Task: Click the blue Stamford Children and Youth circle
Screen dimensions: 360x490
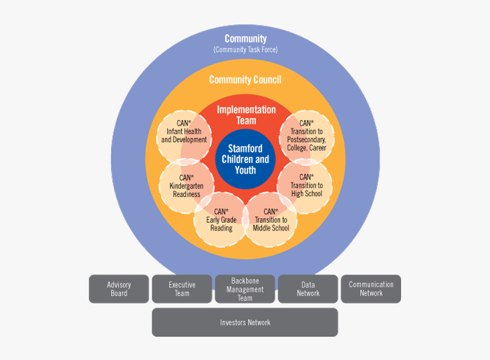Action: (245, 159)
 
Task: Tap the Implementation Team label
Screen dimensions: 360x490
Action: (246, 115)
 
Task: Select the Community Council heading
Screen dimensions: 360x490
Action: (245, 80)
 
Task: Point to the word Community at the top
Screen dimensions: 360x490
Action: (245, 39)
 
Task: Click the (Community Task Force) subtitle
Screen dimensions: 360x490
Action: (245, 50)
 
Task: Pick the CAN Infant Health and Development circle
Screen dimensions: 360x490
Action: (183, 132)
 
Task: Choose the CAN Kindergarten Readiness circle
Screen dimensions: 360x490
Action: (186, 186)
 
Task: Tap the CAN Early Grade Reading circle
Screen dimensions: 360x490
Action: (221, 220)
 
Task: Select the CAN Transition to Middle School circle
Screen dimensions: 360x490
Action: (271, 220)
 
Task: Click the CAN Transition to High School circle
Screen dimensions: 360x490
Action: (306, 186)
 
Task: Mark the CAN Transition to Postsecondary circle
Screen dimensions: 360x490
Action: (307, 136)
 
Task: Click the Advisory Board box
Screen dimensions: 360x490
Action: (119, 289)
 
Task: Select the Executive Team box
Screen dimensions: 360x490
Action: (182, 289)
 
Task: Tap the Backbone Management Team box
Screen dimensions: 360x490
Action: (245, 289)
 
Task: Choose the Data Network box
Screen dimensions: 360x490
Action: (308, 289)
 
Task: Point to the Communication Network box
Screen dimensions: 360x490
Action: (371, 289)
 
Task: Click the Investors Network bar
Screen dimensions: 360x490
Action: (245, 322)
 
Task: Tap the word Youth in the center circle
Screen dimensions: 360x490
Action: (245, 170)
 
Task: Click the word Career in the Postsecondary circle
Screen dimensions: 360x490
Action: (318, 148)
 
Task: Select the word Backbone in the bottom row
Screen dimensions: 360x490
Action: (245, 281)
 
